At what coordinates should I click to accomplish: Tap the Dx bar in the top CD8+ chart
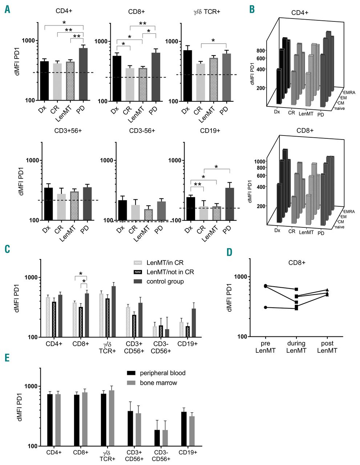click(x=117, y=78)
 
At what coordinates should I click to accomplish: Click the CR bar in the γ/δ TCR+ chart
click(x=201, y=82)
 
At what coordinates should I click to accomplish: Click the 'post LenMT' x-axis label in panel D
click(x=327, y=347)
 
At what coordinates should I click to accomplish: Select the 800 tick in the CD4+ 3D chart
click(x=262, y=50)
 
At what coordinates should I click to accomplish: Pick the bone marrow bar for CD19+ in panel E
click(x=192, y=431)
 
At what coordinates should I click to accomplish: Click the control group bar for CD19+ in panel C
click(x=194, y=323)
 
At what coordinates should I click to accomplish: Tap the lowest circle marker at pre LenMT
click(x=266, y=307)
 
